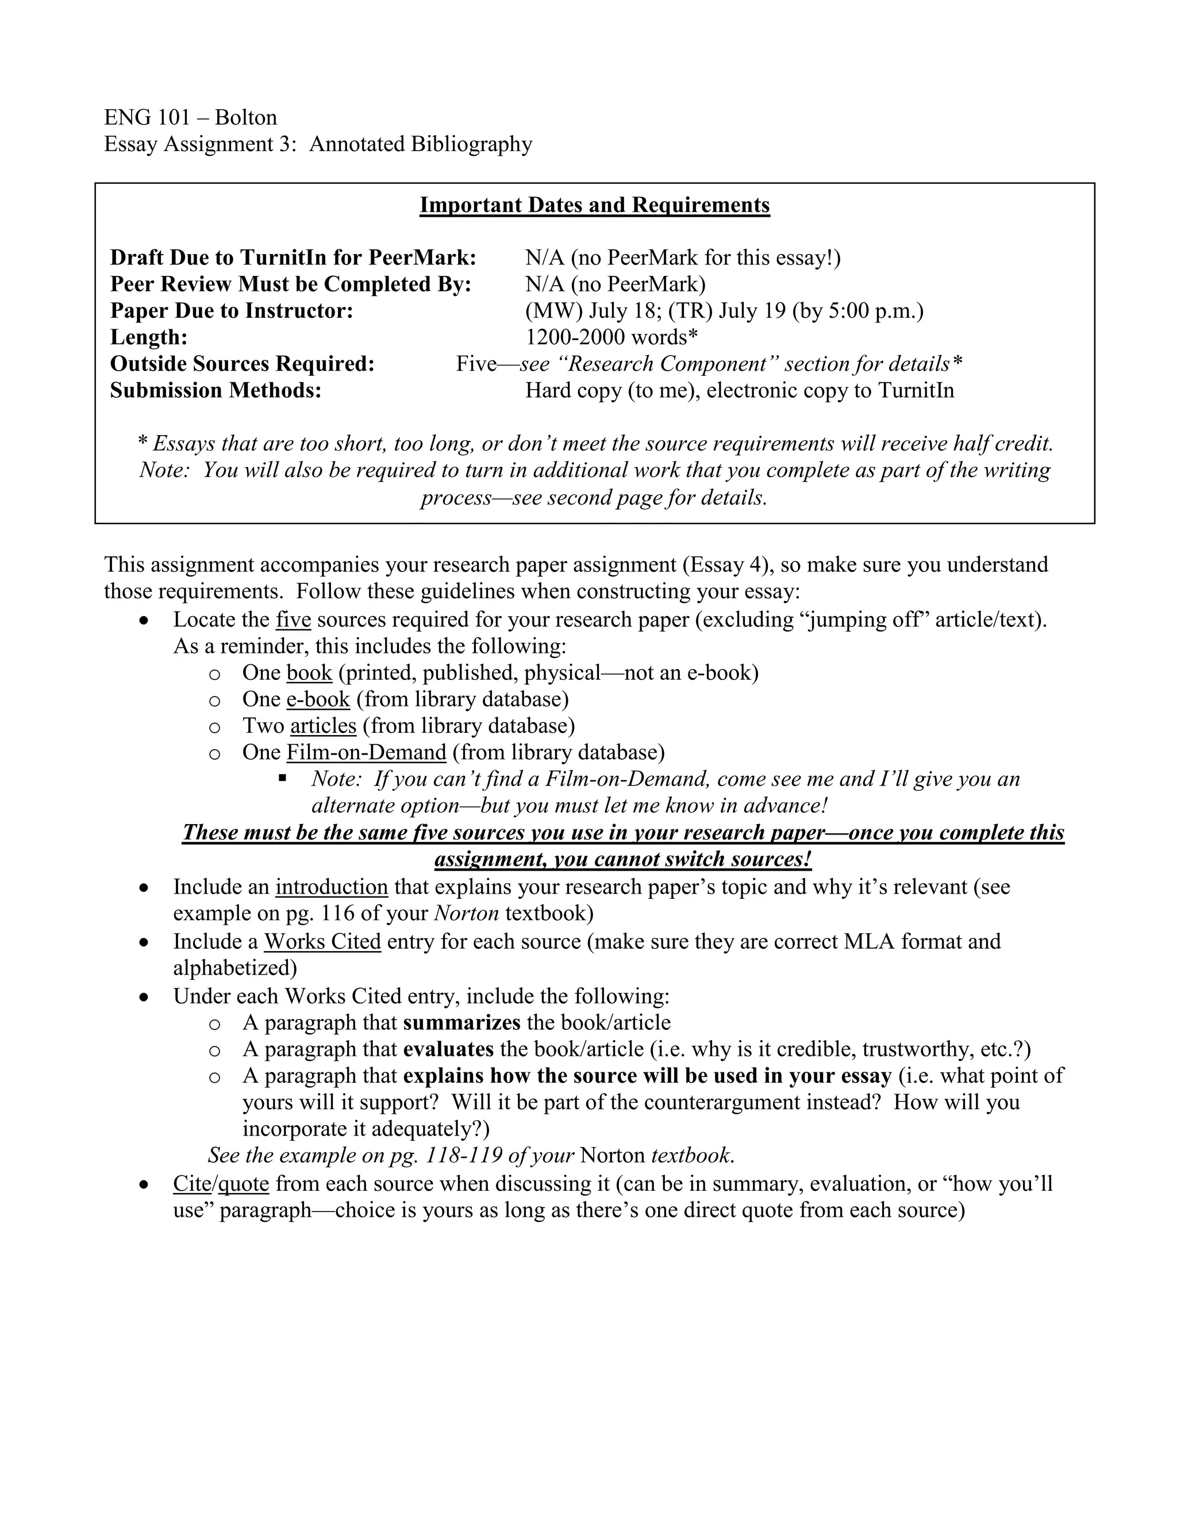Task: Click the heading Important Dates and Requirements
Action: [594, 205]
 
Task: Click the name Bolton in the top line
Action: [245, 117]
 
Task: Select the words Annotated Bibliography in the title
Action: [421, 144]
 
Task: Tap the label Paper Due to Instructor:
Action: [232, 311]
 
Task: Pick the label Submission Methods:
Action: [216, 390]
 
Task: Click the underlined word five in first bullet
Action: [293, 619]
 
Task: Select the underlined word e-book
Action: [318, 699]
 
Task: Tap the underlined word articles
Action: [323, 726]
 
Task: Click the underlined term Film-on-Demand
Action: [366, 752]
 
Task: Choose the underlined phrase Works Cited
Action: [322, 941]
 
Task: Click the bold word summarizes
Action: [461, 1023]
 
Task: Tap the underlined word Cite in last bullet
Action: [192, 1183]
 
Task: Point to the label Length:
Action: [148, 337]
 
